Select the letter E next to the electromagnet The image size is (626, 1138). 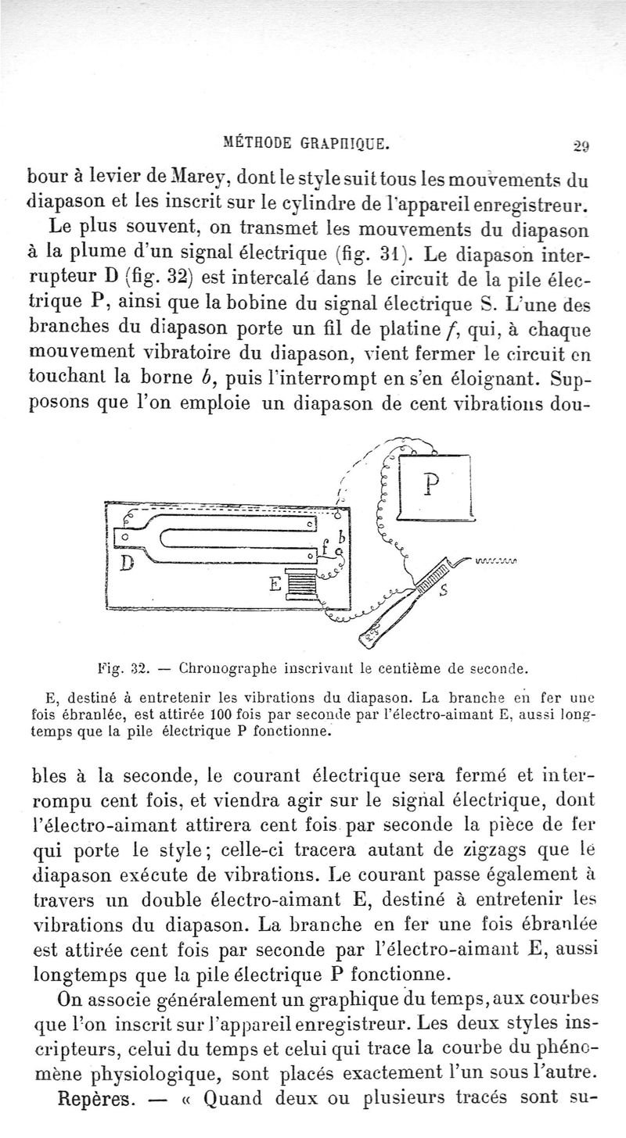(x=275, y=582)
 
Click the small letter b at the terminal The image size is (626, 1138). (x=342, y=538)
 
